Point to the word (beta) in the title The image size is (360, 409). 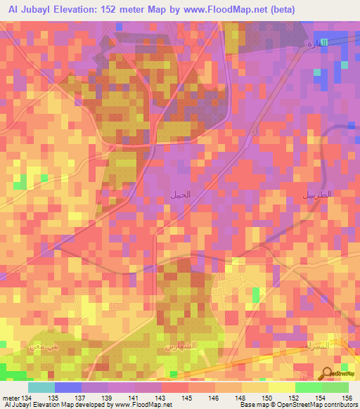tap(279, 9)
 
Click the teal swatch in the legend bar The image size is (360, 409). tap(41, 387)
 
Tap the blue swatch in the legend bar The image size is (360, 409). tap(67, 387)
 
